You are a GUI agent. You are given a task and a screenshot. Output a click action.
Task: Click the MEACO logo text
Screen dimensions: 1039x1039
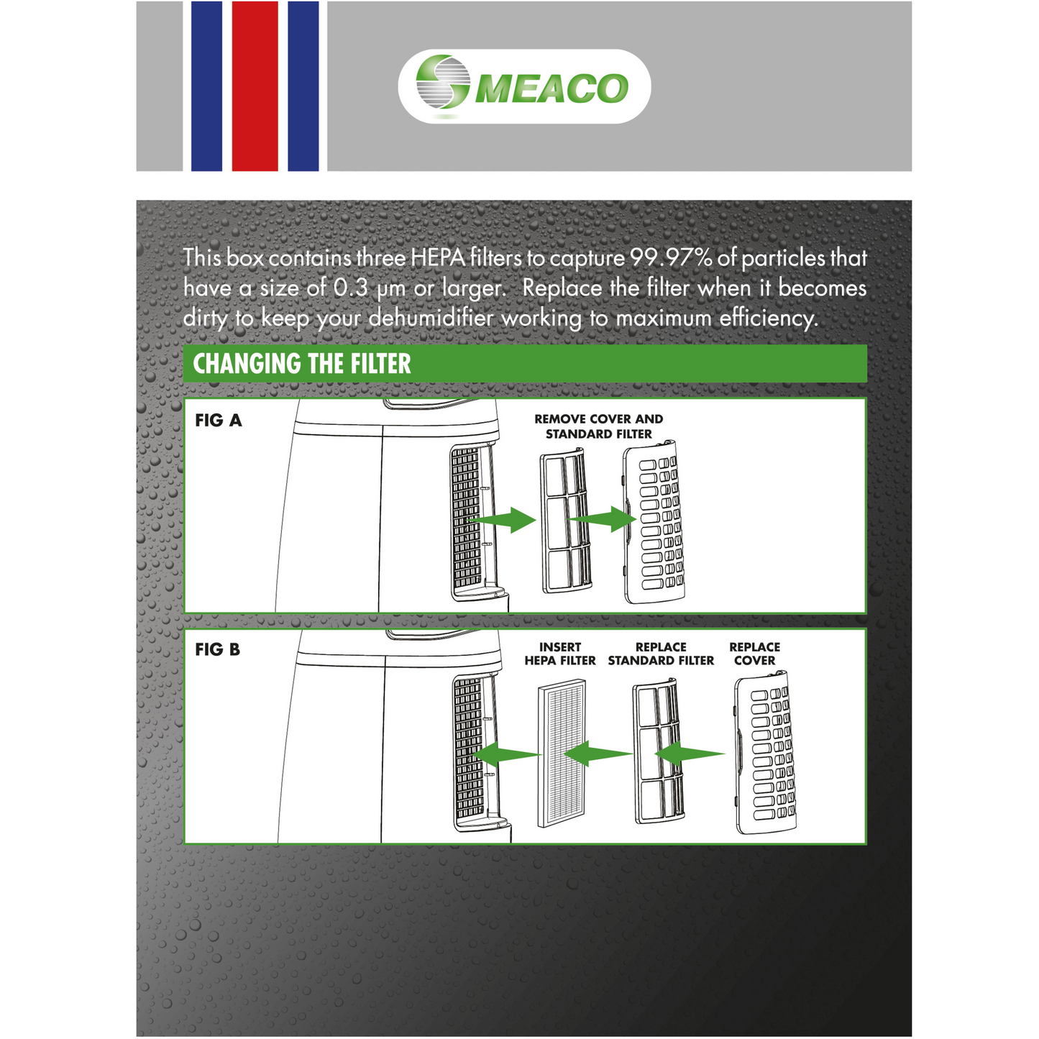click(x=551, y=88)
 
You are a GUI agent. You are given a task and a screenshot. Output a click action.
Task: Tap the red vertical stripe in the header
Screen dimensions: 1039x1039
click(x=255, y=86)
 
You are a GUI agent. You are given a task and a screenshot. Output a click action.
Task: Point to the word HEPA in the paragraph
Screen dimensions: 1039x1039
click(x=439, y=258)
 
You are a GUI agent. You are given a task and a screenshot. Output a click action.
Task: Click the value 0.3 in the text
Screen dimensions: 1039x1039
click(x=351, y=288)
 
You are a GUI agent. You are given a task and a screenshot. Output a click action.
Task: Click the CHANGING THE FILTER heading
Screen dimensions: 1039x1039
click(x=302, y=364)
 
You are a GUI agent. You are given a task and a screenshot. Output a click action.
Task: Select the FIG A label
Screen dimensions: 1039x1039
click(x=219, y=421)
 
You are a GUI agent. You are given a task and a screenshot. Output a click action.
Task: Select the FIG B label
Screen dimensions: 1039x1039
click(x=217, y=650)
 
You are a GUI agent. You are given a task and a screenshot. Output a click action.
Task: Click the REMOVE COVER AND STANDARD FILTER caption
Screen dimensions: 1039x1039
click(x=598, y=426)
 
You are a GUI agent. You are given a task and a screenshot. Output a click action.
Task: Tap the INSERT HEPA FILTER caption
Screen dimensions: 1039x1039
click(x=559, y=654)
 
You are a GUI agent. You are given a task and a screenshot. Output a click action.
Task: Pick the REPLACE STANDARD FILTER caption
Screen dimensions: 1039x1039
click(x=661, y=654)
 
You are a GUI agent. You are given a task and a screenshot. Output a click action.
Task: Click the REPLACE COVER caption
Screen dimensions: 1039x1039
click(x=754, y=654)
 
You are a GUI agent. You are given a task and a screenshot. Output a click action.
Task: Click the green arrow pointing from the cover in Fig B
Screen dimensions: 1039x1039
click(x=690, y=754)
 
